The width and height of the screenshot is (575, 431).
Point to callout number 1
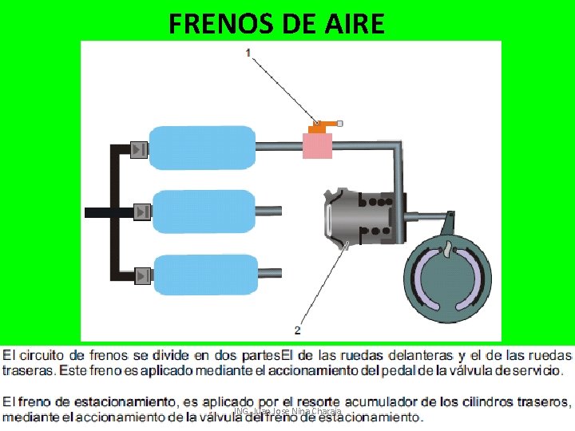pyautogui.click(x=249, y=53)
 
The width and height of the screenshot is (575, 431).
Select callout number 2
pyautogui.click(x=297, y=329)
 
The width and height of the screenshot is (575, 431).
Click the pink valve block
pyautogui.click(x=317, y=145)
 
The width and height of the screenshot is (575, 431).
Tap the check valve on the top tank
pyautogui.click(x=140, y=148)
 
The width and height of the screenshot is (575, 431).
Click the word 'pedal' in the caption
pyautogui.click(x=404, y=370)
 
